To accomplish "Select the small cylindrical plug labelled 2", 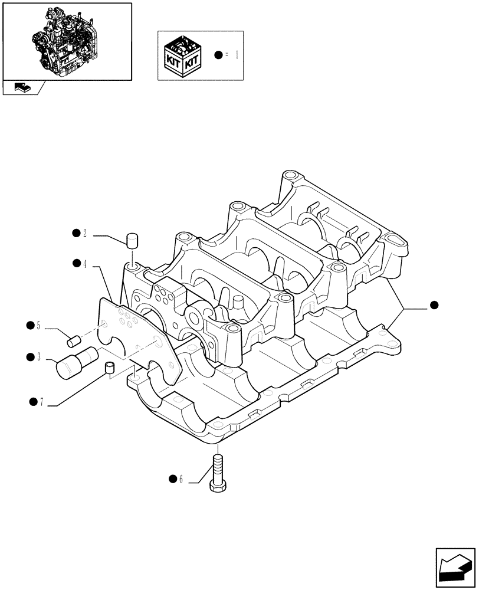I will tap(133, 241).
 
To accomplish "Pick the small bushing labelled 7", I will tap(108, 368).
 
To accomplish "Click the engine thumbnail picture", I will tap(67, 40).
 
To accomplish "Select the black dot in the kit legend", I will tap(219, 55).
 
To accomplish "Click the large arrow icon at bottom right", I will tap(455, 567).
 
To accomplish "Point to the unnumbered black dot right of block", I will tap(434, 305).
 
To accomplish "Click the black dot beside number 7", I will tap(33, 402).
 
